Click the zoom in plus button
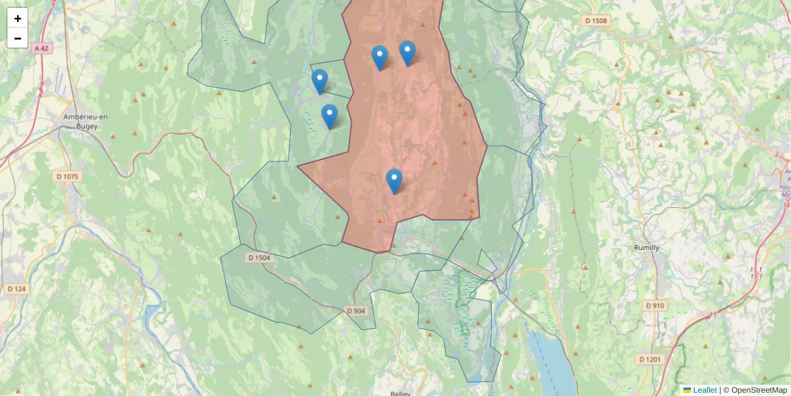17,18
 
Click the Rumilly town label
646,247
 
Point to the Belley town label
400,393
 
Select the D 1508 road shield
596,20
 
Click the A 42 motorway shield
42,48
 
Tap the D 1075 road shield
67,176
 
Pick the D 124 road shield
16,289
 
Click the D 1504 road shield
260,257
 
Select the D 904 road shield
355,311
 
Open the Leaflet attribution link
705,390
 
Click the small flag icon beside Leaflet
688,390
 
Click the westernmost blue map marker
320,81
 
